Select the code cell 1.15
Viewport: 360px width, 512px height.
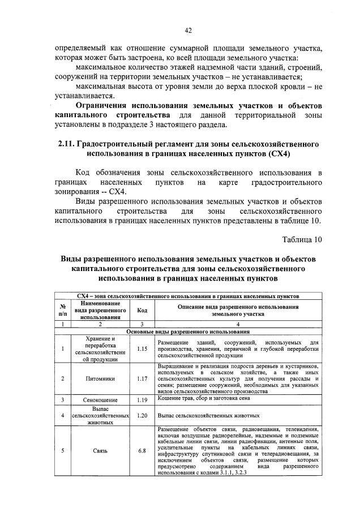point(142,348)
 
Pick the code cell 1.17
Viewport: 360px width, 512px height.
point(142,378)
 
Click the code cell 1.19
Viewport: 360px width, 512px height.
point(142,400)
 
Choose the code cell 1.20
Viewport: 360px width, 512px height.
point(142,415)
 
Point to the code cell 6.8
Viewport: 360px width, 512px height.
point(142,451)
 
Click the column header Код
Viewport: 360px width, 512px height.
point(142,310)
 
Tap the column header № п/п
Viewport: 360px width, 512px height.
point(63,310)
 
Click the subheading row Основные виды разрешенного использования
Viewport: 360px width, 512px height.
point(188,332)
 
